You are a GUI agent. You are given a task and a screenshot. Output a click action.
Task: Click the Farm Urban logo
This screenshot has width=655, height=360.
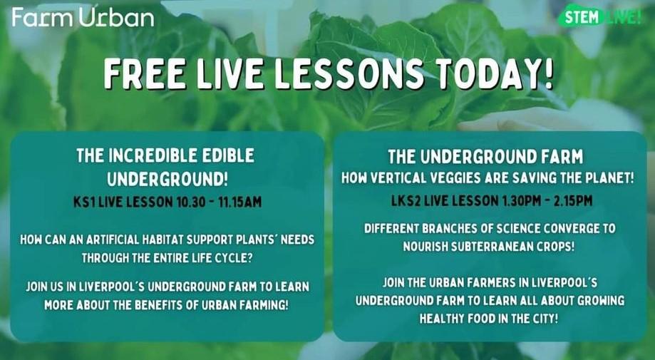pos(83,17)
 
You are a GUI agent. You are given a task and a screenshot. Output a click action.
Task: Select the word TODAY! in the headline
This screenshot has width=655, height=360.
pos(498,74)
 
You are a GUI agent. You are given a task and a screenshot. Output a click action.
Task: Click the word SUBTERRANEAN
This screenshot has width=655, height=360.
pos(485,247)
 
